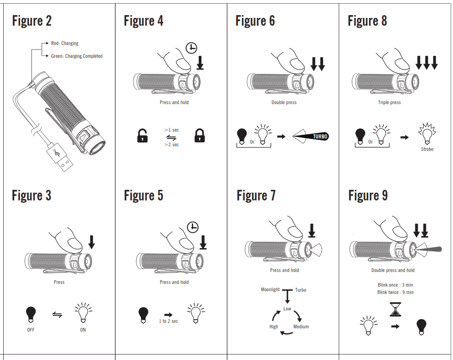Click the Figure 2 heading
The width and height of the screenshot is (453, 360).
click(x=32, y=21)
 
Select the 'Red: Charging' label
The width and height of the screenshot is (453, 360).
click(x=65, y=43)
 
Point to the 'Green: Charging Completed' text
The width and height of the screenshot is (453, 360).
click(x=77, y=56)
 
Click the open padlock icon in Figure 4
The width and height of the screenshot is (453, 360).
click(x=143, y=136)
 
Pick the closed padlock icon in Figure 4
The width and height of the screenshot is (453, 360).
click(x=200, y=136)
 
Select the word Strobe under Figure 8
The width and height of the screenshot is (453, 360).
click(x=427, y=149)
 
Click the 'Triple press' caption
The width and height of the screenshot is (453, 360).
click(x=389, y=103)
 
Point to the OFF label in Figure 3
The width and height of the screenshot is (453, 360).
click(x=31, y=330)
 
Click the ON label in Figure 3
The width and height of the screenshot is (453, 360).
click(x=83, y=330)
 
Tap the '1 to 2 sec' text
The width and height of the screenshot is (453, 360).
click(x=168, y=321)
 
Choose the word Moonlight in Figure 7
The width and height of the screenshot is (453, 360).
click(x=270, y=290)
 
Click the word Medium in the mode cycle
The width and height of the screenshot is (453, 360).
click(x=301, y=327)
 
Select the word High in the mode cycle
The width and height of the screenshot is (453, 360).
click(x=274, y=327)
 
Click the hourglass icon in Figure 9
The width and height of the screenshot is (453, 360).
click(x=395, y=310)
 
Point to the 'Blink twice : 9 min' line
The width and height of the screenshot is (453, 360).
click(x=395, y=292)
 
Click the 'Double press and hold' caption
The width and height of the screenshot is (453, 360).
click(x=393, y=270)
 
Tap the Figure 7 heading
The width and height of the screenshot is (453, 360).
click(x=256, y=196)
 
